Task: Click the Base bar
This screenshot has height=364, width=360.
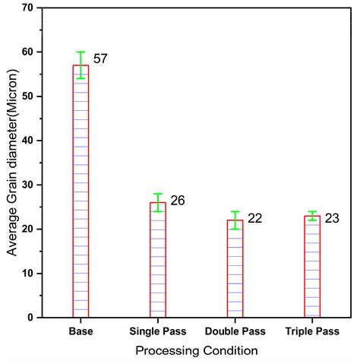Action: click(x=81, y=190)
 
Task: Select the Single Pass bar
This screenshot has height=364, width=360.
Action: click(x=157, y=259)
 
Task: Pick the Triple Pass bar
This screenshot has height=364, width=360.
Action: click(x=312, y=266)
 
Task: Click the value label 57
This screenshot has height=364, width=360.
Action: click(x=101, y=59)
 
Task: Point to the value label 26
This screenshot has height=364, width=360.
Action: click(x=178, y=201)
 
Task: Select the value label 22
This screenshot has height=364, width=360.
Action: click(x=255, y=219)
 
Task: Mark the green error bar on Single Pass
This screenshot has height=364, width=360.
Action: click(x=157, y=202)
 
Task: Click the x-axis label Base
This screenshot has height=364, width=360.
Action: click(x=81, y=332)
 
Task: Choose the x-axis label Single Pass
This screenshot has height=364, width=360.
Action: click(x=157, y=332)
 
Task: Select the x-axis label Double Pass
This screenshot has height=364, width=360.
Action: click(x=235, y=332)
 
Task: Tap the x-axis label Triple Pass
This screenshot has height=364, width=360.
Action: click(x=312, y=332)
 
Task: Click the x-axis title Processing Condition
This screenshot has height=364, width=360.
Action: click(x=196, y=351)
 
